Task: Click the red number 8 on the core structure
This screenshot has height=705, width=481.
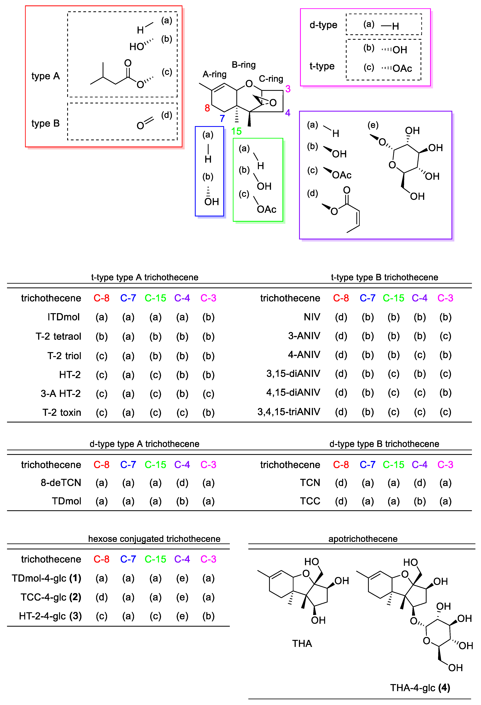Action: point(207,108)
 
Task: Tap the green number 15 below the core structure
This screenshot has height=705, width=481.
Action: point(236,131)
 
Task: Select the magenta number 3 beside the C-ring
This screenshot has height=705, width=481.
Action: point(288,89)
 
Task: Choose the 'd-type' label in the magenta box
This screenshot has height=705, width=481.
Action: point(323,25)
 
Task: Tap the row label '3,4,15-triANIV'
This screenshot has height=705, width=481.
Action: point(289,412)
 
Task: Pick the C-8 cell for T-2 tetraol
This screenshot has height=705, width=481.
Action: point(102,336)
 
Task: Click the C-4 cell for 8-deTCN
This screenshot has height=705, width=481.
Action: point(182,483)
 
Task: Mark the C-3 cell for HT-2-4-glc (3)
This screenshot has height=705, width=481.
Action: point(208,616)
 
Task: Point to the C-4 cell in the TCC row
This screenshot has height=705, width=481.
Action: point(420,501)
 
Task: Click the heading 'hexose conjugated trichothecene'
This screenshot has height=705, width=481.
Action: point(154,539)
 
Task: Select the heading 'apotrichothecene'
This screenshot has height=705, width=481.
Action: point(363,539)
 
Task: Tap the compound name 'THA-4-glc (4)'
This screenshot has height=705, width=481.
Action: point(420,688)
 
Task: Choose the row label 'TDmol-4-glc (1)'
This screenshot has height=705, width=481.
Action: point(46,578)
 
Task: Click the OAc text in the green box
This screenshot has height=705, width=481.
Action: point(266,209)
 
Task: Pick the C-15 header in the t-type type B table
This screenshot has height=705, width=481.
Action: point(393,298)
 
